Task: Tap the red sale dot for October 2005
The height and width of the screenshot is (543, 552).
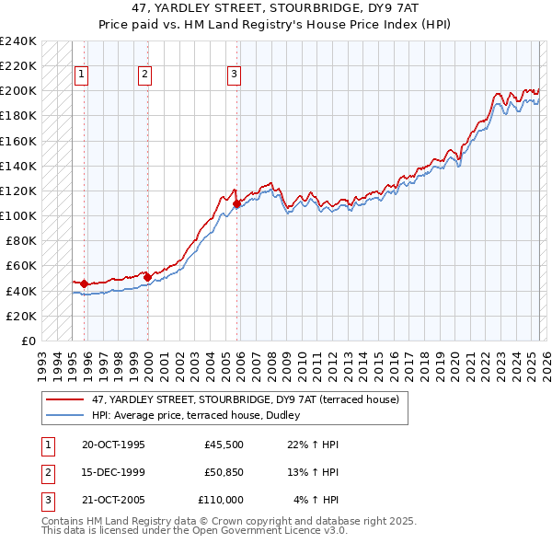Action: pyautogui.click(x=236, y=203)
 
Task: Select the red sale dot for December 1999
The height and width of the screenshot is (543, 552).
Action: pyautogui.click(x=147, y=276)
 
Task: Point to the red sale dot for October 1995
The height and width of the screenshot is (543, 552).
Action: pyautogui.click(x=84, y=283)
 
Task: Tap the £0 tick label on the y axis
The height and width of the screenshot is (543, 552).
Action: pyautogui.click(x=28, y=341)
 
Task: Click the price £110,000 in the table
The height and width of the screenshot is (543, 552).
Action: pyautogui.click(x=221, y=500)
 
